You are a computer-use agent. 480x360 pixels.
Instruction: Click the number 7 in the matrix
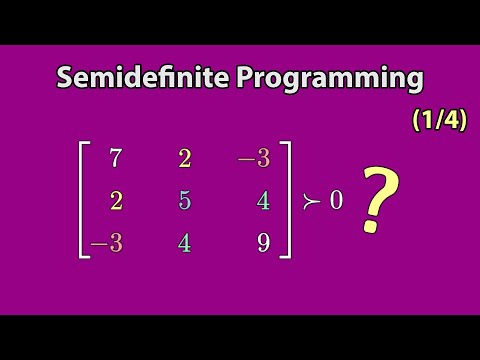tap(117, 158)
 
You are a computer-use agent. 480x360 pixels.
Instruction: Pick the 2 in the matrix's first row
tap(185, 158)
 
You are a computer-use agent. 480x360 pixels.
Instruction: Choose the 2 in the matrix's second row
tap(117, 200)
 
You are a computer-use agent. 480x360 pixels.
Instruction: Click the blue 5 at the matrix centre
tap(185, 200)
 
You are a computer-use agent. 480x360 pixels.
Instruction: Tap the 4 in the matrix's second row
tap(262, 200)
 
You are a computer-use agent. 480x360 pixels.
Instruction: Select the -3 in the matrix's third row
tap(107, 242)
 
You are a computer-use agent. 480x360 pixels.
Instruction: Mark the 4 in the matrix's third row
tap(185, 242)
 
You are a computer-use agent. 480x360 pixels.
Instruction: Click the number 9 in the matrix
tap(262, 242)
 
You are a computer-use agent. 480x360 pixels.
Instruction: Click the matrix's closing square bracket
tap(287, 200)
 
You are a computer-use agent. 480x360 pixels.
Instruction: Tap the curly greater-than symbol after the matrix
tap(310, 201)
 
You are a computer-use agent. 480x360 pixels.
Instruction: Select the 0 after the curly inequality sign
tap(336, 200)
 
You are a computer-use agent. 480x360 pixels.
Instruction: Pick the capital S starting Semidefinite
tap(67, 78)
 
